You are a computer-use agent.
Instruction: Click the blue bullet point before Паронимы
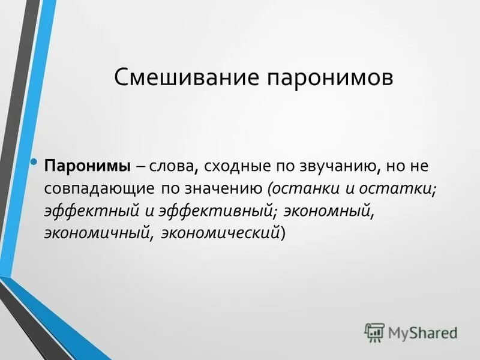pos(35,163)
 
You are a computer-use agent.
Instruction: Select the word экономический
pos(216,233)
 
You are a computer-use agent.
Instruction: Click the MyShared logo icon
pos(374,332)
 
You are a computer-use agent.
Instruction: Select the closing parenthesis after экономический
pos(284,233)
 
